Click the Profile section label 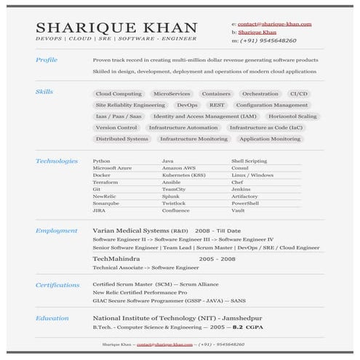[x=46, y=60]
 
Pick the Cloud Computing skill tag [x=119, y=94]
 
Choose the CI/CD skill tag [x=298, y=94]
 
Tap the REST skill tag [x=216, y=105]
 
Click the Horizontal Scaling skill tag [x=292, y=116]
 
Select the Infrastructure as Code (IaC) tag [x=265, y=127]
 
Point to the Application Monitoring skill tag [x=270, y=139]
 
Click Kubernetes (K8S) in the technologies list [x=183, y=175]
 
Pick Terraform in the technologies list [x=105, y=183]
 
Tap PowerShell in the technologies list [x=245, y=203]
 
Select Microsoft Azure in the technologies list [x=112, y=167]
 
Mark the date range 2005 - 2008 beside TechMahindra [x=217, y=259]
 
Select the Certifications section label [x=57, y=285]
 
